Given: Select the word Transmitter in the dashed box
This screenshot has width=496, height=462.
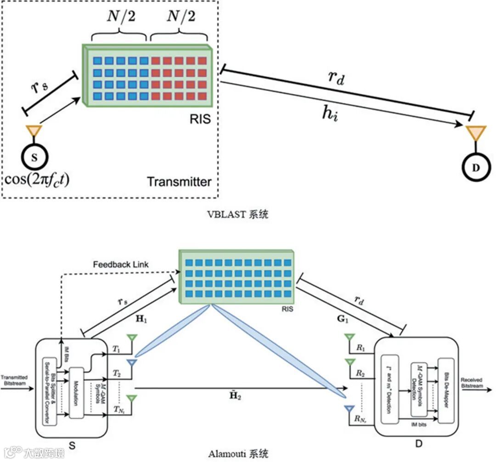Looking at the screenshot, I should point(179,182).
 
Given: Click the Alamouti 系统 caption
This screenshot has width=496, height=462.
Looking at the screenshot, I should point(237,454).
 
